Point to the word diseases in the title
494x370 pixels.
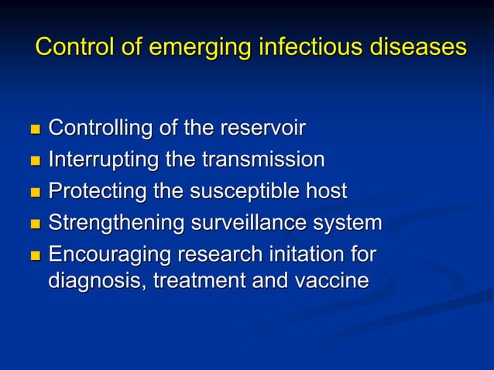417,47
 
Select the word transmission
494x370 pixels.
263,160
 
